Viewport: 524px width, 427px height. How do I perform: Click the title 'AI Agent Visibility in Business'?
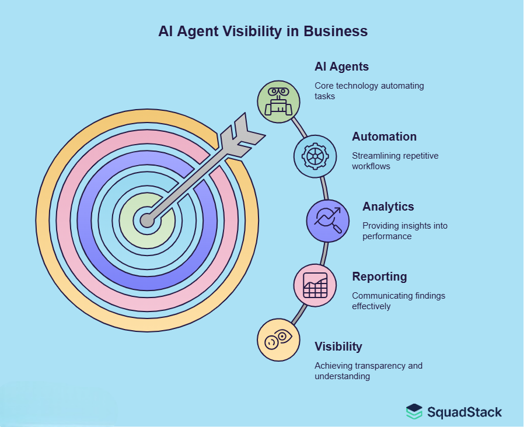(x=263, y=31)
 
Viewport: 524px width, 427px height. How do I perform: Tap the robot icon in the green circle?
(x=279, y=101)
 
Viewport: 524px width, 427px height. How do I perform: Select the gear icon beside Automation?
(x=315, y=156)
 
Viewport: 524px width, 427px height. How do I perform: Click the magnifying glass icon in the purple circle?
(x=328, y=220)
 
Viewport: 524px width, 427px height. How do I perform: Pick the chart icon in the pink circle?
(x=315, y=285)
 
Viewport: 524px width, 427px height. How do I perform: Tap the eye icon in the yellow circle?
(x=279, y=340)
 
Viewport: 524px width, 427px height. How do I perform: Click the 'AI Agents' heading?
(x=341, y=66)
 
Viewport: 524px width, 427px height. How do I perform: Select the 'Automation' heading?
(x=384, y=136)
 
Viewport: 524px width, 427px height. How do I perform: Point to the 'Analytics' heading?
(x=388, y=206)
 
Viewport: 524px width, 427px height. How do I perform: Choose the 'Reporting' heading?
(x=379, y=276)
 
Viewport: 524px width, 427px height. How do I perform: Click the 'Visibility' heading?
(x=338, y=346)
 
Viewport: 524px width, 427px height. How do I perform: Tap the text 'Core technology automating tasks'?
(x=369, y=90)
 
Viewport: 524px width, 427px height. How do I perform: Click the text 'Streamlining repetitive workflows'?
(x=394, y=161)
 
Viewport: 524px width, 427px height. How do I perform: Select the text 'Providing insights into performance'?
(x=404, y=230)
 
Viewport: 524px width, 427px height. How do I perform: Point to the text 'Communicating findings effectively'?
(x=398, y=300)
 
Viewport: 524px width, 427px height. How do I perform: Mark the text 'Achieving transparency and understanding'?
(x=368, y=370)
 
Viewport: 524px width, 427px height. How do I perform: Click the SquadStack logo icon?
(x=414, y=411)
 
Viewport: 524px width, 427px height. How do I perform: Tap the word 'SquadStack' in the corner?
(x=464, y=412)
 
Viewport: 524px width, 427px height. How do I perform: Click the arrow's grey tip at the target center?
(x=147, y=220)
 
